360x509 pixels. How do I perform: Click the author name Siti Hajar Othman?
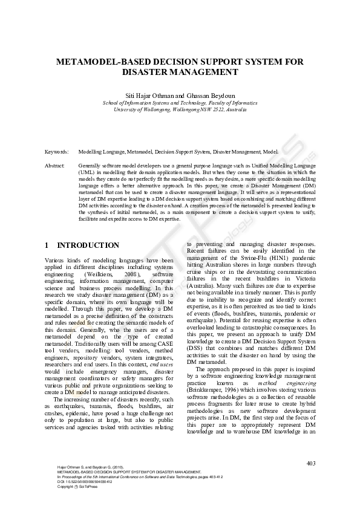click(148, 96)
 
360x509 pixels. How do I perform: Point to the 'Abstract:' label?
click(55, 165)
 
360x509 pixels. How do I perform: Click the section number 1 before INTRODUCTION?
click(47, 245)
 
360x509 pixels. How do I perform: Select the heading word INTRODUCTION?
click(88, 245)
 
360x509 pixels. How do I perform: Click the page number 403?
click(311, 464)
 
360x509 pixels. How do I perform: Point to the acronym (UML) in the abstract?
click(87, 172)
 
